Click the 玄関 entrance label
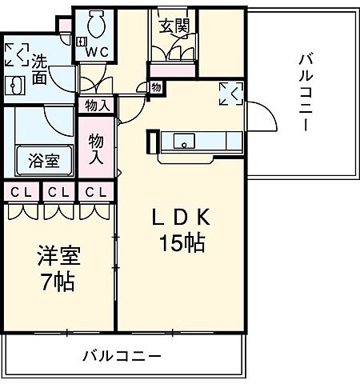click(174, 26)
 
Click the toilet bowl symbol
click(96, 24)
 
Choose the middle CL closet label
click(56, 192)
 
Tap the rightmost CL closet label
click(94, 192)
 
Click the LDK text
click(183, 216)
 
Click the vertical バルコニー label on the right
click(306, 92)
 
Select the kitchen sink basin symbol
click(184, 142)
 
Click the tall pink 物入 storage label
click(96, 148)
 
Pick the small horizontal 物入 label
click(97, 105)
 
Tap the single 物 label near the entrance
click(156, 86)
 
